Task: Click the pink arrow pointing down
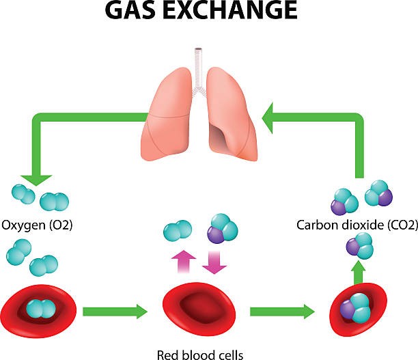coord(215,260)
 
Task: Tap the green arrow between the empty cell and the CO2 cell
coord(282,311)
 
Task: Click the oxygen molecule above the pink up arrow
coord(178,232)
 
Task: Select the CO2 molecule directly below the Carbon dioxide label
coord(358,245)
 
